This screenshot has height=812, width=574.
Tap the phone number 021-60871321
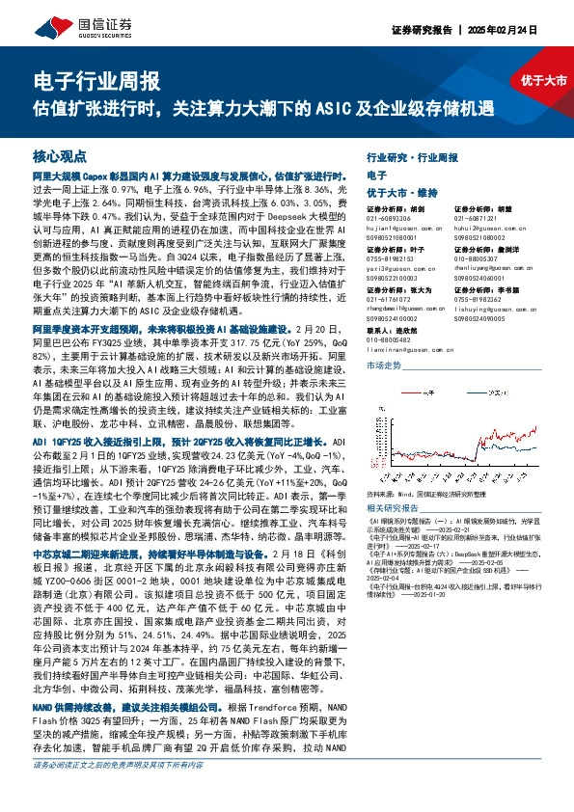478,218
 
